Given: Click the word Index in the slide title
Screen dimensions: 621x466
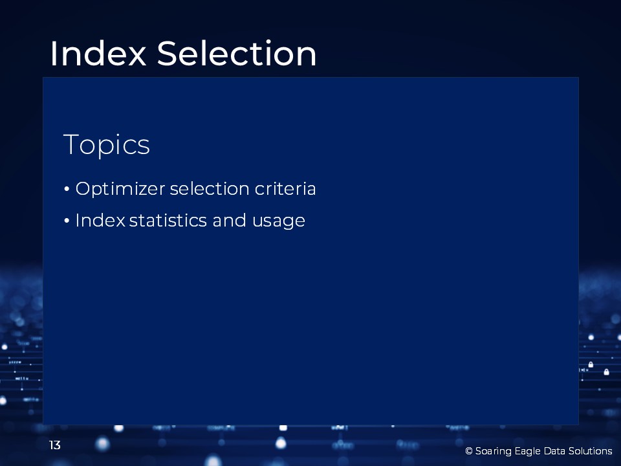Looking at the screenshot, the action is point(98,53).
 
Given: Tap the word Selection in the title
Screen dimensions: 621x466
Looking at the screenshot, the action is point(237,53).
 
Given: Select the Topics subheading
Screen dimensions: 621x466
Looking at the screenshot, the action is point(107,146).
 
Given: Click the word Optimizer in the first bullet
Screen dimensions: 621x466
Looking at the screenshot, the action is point(120,189).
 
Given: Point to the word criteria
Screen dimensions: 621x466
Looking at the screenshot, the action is point(285,188).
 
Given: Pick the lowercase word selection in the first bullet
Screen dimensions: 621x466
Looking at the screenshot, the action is point(210,188).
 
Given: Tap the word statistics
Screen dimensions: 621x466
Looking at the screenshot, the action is point(168,220).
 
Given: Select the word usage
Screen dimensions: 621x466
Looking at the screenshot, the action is point(278,221).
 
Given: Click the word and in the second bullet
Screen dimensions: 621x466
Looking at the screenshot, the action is point(229,220).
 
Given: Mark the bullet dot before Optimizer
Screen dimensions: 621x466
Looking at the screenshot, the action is point(67,189).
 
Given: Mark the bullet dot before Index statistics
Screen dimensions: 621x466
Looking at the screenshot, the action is point(67,221).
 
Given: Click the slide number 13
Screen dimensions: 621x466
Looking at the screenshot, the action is point(54,445).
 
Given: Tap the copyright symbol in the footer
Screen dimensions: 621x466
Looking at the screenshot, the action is point(469,451).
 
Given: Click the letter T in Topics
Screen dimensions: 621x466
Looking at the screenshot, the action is point(71,144).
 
